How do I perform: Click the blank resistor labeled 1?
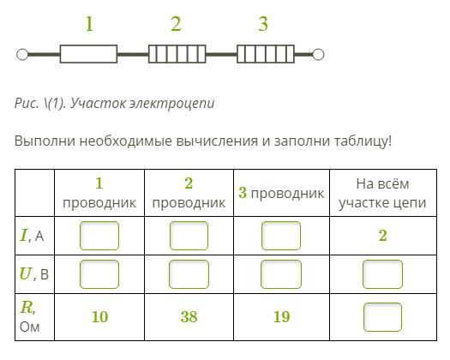pos(88,54)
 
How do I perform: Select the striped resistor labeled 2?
pos(177,54)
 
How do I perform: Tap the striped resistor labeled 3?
pos(266,54)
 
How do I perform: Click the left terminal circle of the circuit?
pos(22,54)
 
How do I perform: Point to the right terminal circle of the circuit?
pos(318,54)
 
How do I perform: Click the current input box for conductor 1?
pos(99,236)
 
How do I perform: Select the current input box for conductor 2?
pos(189,236)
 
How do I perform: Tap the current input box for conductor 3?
pos(281,236)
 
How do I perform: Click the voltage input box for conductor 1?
pos(99,274)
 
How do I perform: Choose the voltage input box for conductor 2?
pos(189,274)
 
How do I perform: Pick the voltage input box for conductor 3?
pos(281,274)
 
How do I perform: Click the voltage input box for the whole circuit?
pos(382,274)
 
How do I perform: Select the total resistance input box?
pos(382,317)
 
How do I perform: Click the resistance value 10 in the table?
pos(99,317)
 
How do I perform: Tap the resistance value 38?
pos(189,317)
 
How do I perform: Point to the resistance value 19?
pos(281,317)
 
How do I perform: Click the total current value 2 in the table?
pos(383,236)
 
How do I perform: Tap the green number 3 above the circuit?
pos(263,24)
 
